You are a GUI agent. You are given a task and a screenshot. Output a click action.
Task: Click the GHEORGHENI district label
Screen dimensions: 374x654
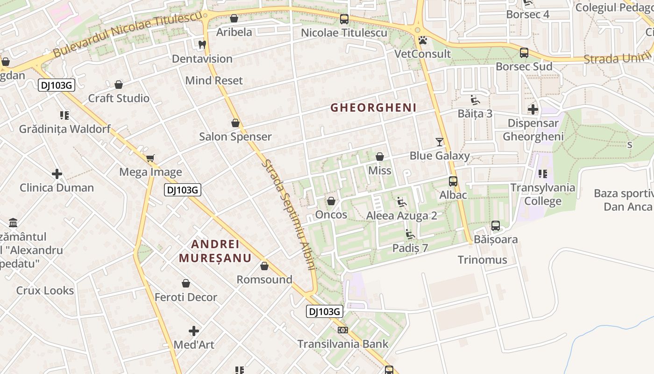[x=373, y=108]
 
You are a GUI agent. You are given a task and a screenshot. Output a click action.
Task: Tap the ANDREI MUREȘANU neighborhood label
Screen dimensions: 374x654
[x=215, y=251]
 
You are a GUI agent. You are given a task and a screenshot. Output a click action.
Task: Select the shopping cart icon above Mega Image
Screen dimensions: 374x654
[x=150, y=158]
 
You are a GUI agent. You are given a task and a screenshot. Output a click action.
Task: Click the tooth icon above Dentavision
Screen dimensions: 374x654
[x=202, y=45]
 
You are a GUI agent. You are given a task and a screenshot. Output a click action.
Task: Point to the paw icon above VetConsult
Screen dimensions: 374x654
[x=423, y=40]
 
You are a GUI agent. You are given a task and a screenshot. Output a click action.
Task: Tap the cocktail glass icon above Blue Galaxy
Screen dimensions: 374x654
[x=440, y=142]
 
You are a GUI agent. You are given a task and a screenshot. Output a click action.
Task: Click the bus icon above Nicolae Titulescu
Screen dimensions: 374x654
[x=344, y=19]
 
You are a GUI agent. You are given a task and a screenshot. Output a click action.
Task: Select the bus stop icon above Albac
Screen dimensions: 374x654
[x=453, y=181]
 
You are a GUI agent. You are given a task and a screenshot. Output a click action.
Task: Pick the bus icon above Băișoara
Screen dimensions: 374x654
[x=496, y=226]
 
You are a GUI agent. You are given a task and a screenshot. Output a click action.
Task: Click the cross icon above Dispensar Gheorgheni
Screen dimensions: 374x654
[x=533, y=109]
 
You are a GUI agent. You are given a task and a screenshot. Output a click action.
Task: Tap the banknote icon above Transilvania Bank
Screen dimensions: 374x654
[x=343, y=330]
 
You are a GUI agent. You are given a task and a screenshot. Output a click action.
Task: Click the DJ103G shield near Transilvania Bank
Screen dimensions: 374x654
[x=325, y=311]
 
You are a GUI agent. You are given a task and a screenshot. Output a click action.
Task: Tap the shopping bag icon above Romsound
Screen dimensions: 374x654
[x=264, y=266]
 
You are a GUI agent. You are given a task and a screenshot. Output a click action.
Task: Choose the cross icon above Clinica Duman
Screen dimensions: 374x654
[x=57, y=174]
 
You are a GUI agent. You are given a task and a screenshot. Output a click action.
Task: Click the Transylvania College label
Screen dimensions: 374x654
[x=542, y=194]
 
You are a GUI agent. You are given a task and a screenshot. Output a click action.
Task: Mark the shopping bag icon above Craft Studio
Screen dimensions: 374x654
[x=119, y=85]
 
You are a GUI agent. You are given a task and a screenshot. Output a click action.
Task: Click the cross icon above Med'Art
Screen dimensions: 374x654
[x=194, y=331]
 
